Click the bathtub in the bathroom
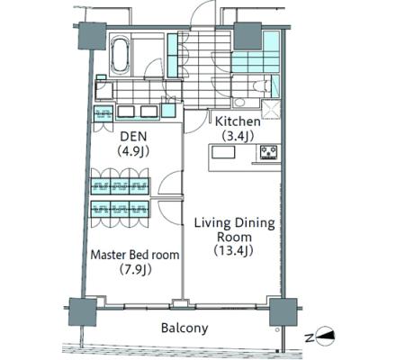(x=120, y=55)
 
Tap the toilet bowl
(x=259, y=85)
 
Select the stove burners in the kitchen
(x=268, y=151)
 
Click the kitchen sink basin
(x=223, y=152)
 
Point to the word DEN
(x=133, y=137)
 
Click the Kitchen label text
(x=238, y=121)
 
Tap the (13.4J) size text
(x=234, y=251)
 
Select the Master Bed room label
(x=135, y=255)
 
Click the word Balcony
(x=184, y=328)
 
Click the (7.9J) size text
(x=135, y=270)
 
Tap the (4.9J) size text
(x=133, y=151)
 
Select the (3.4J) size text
(x=238, y=136)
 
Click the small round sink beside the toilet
(x=239, y=103)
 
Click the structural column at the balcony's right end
(x=283, y=312)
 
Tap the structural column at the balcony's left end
(x=83, y=312)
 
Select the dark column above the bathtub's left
(x=92, y=36)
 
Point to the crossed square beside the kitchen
(x=271, y=109)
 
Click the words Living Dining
(x=235, y=223)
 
